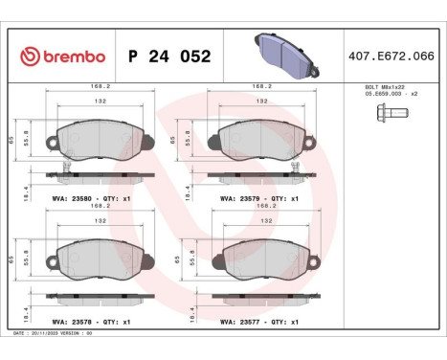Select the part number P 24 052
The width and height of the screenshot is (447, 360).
tap(169, 56)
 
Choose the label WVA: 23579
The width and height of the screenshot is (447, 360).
tap(242, 198)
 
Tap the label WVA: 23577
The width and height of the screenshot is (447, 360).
tap(242, 322)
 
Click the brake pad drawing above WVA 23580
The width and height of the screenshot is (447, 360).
tap(98, 140)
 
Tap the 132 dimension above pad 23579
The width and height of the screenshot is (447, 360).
tap(261, 101)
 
